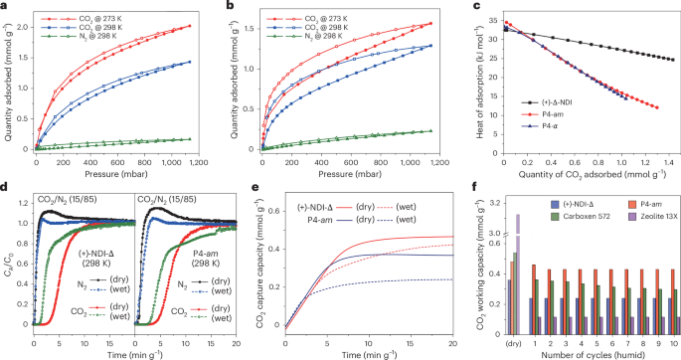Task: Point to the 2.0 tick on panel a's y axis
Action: click(x=24, y=26)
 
